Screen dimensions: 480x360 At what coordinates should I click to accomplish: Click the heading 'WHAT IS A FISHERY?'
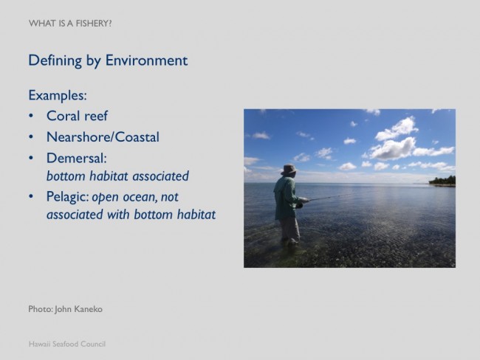(x=70, y=24)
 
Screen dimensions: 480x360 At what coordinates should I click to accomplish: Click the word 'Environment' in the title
(x=146, y=60)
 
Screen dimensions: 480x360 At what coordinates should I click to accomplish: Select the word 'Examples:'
(x=58, y=95)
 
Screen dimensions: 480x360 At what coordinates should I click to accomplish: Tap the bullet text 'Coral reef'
(x=77, y=116)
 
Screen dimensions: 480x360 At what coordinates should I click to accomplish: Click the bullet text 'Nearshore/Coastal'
(x=103, y=136)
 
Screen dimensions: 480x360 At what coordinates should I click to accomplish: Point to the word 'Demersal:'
(x=77, y=158)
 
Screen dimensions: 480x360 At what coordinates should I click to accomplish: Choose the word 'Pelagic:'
(x=68, y=197)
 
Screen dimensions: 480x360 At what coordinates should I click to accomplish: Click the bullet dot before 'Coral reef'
(x=31, y=117)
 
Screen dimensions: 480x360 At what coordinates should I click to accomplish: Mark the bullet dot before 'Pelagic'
(x=31, y=196)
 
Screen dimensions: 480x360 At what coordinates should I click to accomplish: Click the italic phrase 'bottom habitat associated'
(x=117, y=176)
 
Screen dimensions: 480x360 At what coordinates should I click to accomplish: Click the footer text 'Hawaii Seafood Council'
(x=67, y=344)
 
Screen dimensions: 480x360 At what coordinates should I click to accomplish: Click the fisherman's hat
(x=289, y=170)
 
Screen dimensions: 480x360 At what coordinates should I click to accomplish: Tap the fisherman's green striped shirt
(x=285, y=198)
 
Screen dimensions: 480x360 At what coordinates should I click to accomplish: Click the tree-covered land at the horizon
(x=442, y=181)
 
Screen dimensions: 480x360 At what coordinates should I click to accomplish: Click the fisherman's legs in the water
(x=289, y=230)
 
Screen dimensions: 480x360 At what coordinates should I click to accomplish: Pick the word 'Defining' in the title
(x=55, y=60)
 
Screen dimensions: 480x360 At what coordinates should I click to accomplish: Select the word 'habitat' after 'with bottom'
(x=196, y=215)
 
